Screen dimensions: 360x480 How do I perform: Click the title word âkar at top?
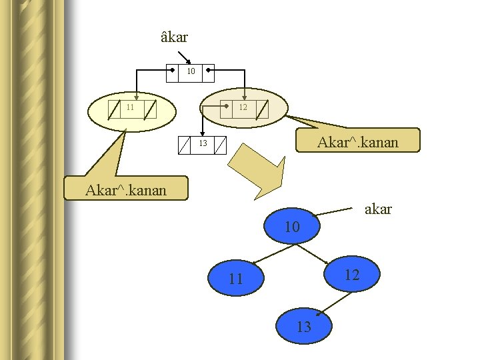(175, 37)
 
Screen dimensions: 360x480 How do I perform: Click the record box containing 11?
(132, 108)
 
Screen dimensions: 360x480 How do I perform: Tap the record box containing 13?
(203, 145)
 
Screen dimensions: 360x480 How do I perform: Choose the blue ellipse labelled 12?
(352, 275)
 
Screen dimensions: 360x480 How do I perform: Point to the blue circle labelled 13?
(304, 327)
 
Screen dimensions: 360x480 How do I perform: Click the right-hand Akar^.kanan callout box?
(357, 141)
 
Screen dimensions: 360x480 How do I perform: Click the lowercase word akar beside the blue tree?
(379, 209)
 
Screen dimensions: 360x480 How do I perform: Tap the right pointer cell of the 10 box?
(207, 71)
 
